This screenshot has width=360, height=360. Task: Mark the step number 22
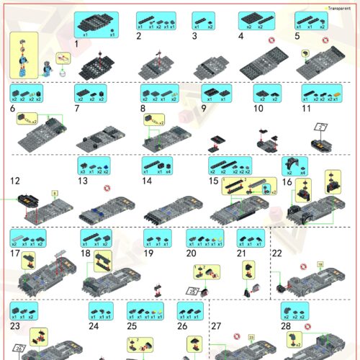[x=277, y=253]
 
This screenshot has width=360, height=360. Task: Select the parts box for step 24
[x=101, y=310]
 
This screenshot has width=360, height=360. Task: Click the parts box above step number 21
[x=251, y=238]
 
